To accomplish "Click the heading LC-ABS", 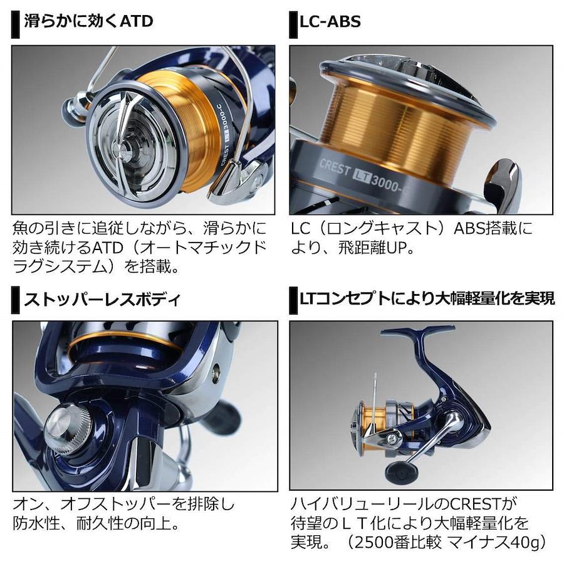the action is click(x=330, y=22).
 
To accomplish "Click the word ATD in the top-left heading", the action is click(x=137, y=21).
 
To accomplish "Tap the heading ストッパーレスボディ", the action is click(x=102, y=300).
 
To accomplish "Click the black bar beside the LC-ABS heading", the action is click(x=293, y=25).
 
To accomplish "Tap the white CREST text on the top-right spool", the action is click(x=335, y=167).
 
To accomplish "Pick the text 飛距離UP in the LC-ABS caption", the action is click(x=372, y=248).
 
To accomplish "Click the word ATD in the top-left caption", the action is click(x=108, y=248).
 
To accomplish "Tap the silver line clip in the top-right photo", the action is click(x=504, y=187).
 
